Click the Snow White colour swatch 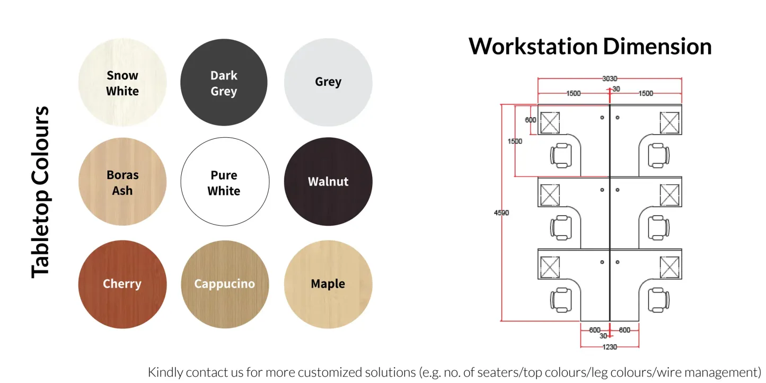pos(122,83)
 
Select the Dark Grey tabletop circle pos(224,83)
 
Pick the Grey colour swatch pos(328,83)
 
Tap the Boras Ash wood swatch pos(122,182)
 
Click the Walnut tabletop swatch pos(328,182)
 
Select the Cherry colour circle pos(122,284)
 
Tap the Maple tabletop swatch pos(328,284)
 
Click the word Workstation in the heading pos(533,47)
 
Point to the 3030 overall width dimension pos(610,79)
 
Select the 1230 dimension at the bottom pos(610,347)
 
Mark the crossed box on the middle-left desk pos(550,195)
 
